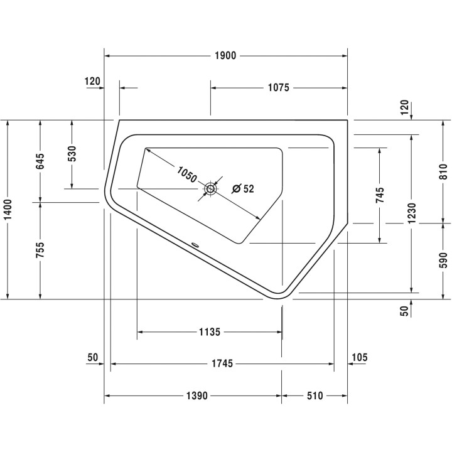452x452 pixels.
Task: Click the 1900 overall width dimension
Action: click(225, 56)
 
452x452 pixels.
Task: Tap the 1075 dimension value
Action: click(279, 88)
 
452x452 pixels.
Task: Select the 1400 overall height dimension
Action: click(8, 210)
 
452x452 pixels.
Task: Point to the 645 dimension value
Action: click(40, 161)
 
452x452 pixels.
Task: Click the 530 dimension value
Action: click(72, 154)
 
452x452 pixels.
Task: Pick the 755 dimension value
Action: click(40, 250)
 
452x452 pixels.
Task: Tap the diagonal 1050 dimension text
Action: click(186, 175)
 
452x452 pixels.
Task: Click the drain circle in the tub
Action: click(210, 189)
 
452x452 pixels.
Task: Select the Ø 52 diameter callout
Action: click(244, 189)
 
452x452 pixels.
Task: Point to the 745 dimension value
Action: click(380, 195)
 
